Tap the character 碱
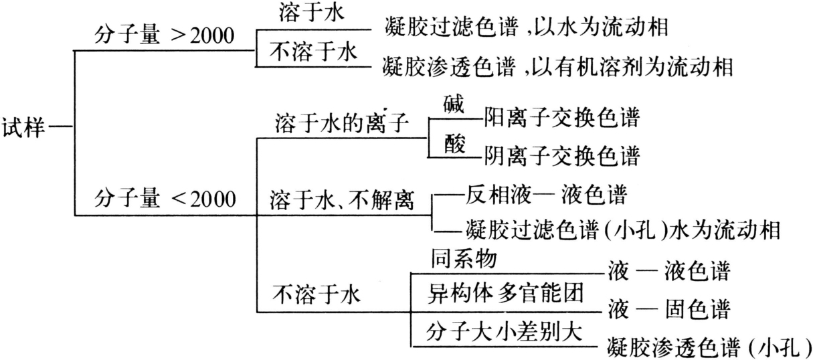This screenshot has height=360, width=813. [454, 104]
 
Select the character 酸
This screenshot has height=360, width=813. [454, 145]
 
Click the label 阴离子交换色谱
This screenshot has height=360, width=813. [561, 157]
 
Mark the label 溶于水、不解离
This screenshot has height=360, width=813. [341, 199]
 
